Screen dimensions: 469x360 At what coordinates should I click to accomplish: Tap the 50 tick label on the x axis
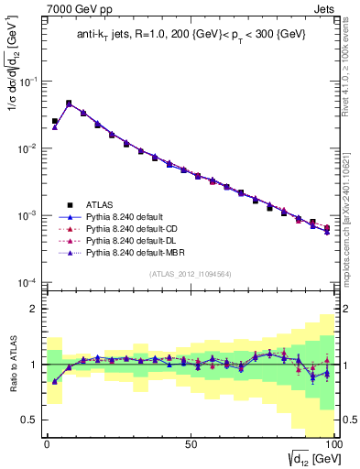190,442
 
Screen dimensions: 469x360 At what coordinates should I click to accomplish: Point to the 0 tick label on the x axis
47,442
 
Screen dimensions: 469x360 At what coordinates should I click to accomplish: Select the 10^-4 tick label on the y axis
28,282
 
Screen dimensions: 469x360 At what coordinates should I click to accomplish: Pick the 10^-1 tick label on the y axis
28,82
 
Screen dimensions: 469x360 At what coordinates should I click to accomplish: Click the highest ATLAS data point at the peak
69,104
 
